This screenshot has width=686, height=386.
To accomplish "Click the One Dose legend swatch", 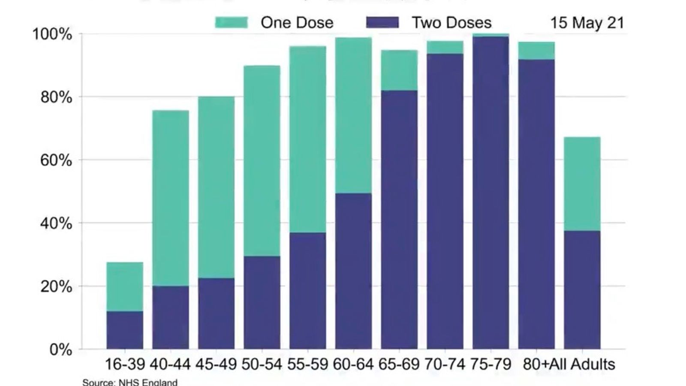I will [231, 22].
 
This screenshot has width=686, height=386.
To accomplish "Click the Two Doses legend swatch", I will [382, 22].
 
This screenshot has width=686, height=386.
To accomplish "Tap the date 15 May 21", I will [587, 22].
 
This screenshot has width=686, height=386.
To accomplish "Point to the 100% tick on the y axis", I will [52, 34].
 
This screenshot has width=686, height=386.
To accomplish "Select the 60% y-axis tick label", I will [56, 160].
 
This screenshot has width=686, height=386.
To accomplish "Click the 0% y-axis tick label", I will [60, 350].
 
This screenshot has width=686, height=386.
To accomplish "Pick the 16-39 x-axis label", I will [125, 364].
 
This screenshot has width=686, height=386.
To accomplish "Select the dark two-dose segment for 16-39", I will [125, 330].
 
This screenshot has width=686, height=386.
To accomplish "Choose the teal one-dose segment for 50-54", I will [262, 161].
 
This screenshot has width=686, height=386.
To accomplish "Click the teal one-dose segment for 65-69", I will [399, 70].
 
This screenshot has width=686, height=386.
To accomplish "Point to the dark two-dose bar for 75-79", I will [490, 193].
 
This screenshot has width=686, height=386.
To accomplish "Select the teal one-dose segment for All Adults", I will [582, 184].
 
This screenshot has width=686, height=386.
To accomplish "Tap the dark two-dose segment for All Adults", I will [582, 290].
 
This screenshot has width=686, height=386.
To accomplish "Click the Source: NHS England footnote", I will [129, 382].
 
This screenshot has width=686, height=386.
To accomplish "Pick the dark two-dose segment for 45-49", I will [216, 314].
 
